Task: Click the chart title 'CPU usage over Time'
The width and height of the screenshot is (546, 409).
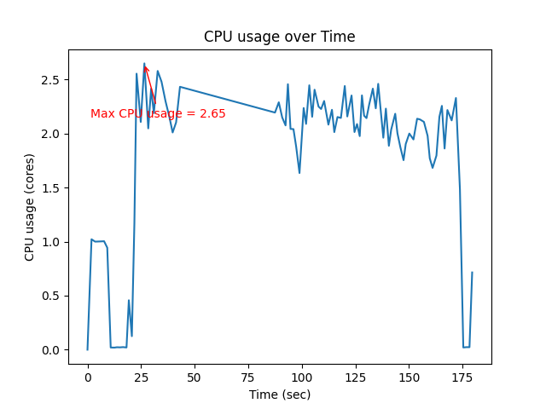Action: pos(279,37)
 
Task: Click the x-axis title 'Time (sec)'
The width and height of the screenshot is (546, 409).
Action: pos(279,395)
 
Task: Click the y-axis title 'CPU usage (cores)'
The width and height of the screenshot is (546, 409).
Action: pos(30,207)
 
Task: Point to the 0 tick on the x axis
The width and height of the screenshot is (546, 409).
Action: pos(88,377)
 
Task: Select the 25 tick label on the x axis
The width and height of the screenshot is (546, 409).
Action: pos(142,377)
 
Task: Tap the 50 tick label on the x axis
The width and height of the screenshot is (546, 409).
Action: pos(195,377)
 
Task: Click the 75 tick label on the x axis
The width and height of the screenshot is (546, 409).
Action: pos(248,377)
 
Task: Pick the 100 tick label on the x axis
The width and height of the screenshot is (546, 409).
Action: pos(302,377)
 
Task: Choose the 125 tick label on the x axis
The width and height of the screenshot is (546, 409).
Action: pos(356,377)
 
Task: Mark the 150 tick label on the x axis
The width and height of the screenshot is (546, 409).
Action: pos(409,377)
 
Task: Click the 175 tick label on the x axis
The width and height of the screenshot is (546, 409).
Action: pos(462,377)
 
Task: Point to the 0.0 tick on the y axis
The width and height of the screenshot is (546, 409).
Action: pos(52,350)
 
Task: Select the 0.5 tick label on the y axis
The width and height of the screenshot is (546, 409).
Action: pos(52,296)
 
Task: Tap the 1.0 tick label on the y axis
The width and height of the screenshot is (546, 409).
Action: pos(52,242)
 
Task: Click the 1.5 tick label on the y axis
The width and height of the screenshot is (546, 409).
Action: pos(52,187)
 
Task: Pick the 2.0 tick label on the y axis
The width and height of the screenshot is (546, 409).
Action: pos(52,134)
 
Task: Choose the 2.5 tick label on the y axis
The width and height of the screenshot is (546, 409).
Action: pos(52,80)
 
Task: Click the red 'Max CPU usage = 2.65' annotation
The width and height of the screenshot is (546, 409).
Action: pos(158,113)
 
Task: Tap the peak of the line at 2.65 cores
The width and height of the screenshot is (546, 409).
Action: pos(144,64)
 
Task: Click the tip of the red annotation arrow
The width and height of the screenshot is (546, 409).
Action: pos(145,66)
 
